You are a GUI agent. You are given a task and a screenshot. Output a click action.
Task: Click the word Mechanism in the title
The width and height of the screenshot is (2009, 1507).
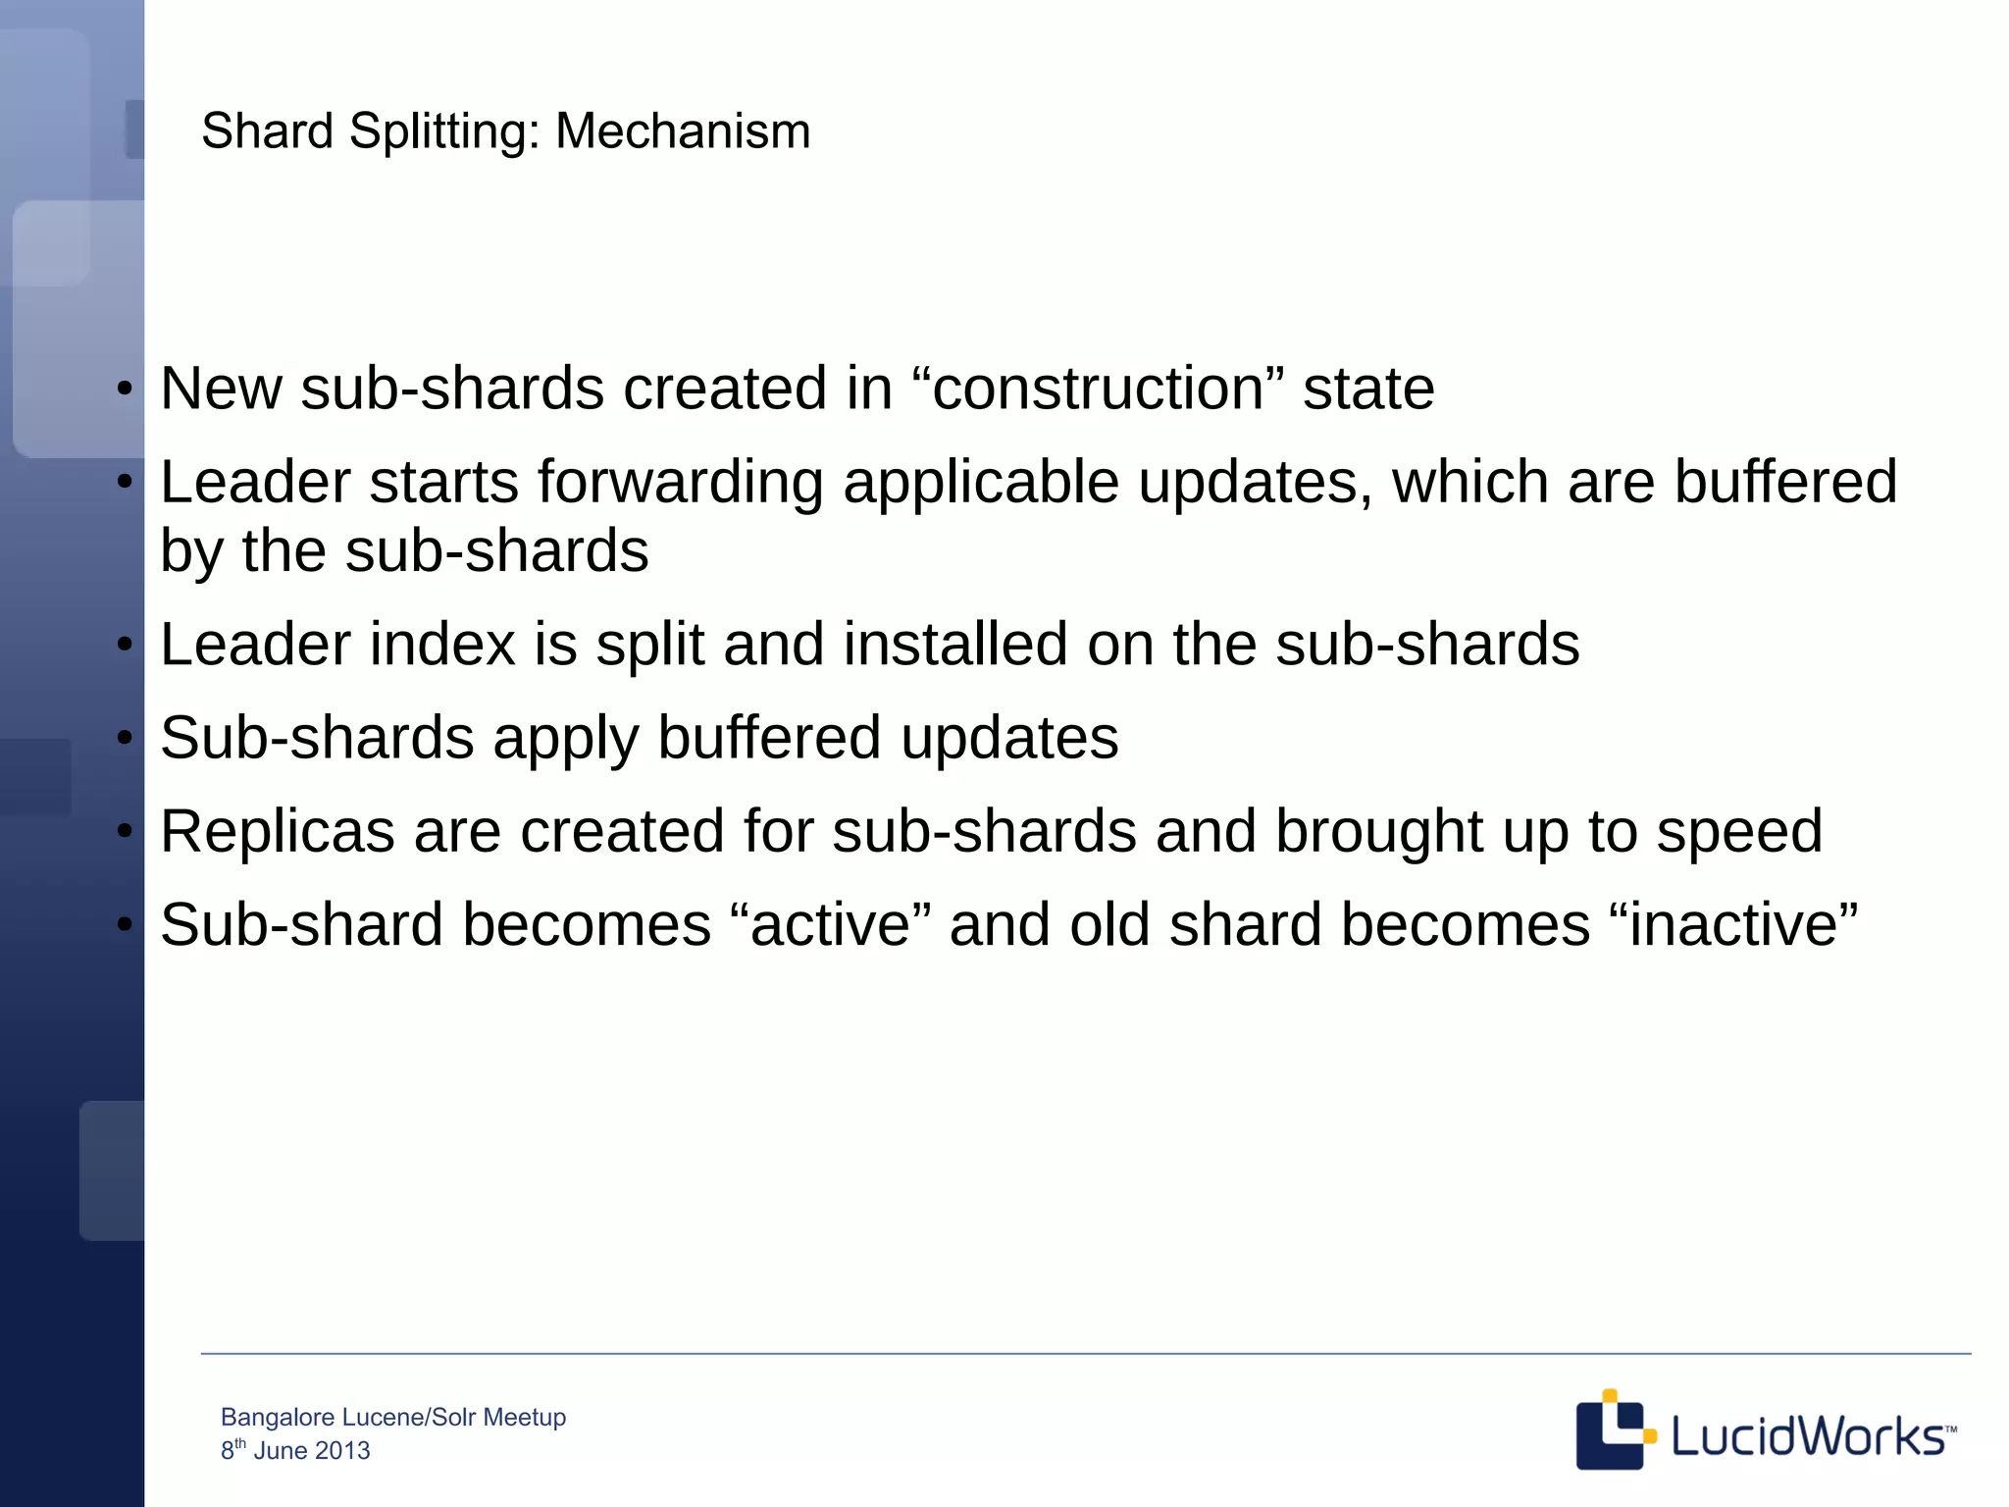(683, 131)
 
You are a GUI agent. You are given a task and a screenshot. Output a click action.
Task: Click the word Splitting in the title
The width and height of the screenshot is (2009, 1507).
(444, 131)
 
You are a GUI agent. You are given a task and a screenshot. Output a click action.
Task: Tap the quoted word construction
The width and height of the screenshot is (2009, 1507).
(1097, 389)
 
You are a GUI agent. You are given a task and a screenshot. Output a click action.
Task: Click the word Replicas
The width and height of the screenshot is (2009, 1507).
(278, 831)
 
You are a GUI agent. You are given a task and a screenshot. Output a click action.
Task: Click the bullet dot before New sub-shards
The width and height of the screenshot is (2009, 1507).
(125, 390)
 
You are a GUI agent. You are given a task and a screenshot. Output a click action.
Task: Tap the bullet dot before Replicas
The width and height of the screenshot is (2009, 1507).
(125, 832)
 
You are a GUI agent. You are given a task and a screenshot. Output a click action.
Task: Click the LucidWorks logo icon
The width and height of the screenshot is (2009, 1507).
(1613, 1429)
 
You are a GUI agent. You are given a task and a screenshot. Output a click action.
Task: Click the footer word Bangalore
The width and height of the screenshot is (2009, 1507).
(278, 1418)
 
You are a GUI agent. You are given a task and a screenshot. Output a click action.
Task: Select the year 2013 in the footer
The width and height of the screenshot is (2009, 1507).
(342, 1451)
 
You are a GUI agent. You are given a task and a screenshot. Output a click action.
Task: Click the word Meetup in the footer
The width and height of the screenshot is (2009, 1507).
(525, 1418)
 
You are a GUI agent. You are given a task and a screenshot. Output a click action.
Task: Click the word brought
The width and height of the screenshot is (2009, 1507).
(1378, 833)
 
